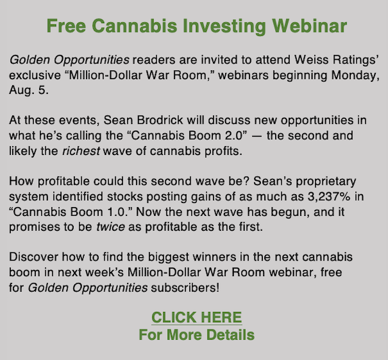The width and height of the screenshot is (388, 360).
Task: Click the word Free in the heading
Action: pyautogui.click(x=66, y=26)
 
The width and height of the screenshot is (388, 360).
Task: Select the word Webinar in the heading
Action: pyautogui.click(x=310, y=26)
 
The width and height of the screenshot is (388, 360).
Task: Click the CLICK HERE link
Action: pyautogui.click(x=197, y=317)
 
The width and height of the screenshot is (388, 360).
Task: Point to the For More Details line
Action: pyautogui.click(x=197, y=335)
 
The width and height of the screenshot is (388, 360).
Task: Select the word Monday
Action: pyautogui.click(x=356, y=75)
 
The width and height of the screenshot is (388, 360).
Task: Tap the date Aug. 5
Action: pyautogui.click(x=28, y=90)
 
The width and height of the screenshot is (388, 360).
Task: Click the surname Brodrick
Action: pyautogui.click(x=160, y=120)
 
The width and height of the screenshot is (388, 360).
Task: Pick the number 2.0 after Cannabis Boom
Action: pyautogui.click(x=236, y=135)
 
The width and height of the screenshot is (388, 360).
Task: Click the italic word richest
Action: pyautogui.click(x=81, y=151)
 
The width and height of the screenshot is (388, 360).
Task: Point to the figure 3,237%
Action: pyautogui.click(x=329, y=196)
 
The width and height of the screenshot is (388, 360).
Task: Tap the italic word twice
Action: pyautogui.click(x=110, y=227)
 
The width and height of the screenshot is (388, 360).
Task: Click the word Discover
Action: pyautogui.click(x=34, y=257)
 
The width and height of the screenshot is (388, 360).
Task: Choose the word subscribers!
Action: pyautogui.click(x=185, y=288)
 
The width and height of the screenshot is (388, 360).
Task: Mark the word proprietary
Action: pyautogui.click(x=326, y=181)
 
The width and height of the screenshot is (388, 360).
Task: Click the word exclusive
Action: pyautogui.click(x=35, y=75)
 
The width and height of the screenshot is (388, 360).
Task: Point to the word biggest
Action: pyautogui.click(x=168, y=258)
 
